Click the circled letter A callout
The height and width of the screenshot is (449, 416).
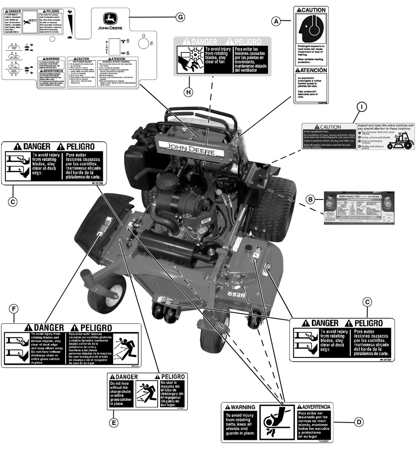pos(276,21)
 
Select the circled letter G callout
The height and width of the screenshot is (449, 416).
pos(180,17)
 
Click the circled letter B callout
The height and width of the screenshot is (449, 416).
pos(311,198)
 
